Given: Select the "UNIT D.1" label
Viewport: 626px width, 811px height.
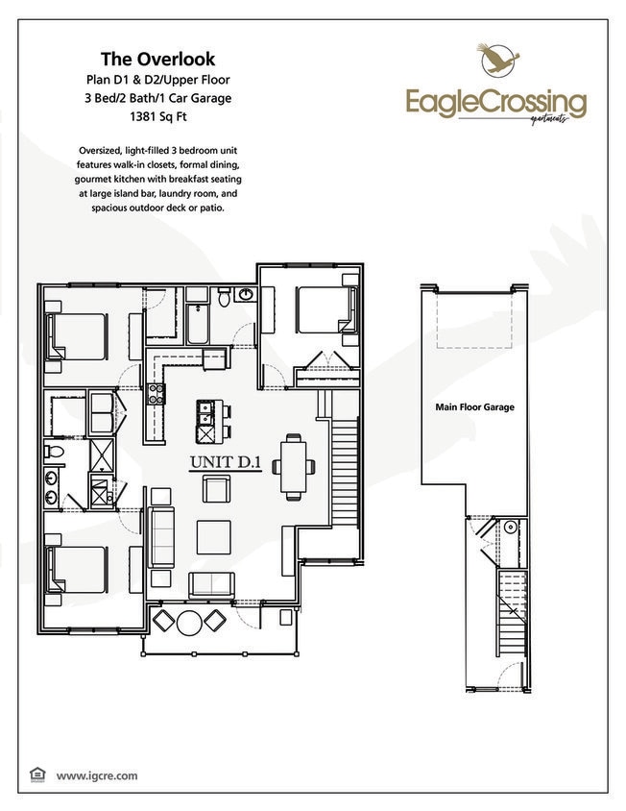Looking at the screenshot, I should [225, 463].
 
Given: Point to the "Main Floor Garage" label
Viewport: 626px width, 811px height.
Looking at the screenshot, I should [474, 407].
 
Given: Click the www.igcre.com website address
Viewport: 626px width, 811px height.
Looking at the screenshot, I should [97, 774].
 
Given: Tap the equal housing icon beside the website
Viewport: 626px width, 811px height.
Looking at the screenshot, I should [37, 774].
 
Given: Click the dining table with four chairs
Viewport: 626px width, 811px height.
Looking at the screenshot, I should [295, 465].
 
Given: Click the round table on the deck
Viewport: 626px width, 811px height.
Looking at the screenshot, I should [189, 622].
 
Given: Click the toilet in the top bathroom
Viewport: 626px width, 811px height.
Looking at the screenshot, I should [224, 299].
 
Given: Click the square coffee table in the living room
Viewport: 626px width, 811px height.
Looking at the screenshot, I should [213, 536].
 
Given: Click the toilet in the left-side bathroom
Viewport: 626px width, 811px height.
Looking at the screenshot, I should [57, 452].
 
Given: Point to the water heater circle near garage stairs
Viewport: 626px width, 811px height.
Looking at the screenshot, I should [510, 526].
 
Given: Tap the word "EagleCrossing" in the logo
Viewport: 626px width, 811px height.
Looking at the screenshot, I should [495, 100].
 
